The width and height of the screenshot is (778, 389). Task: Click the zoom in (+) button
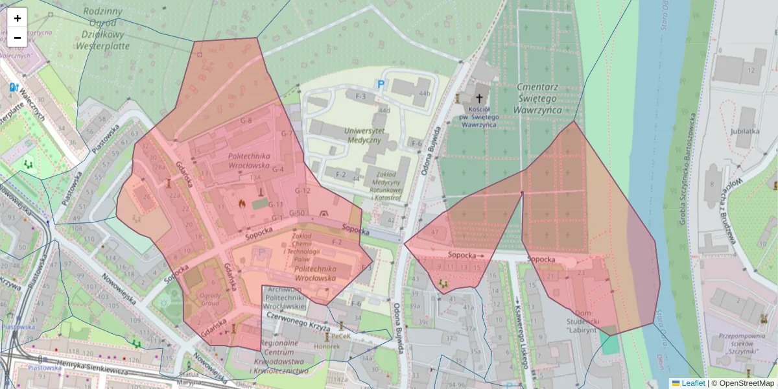click(18, 18)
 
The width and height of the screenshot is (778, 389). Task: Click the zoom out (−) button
click(18, 38)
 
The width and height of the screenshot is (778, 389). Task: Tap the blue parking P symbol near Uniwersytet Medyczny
click(381, 84)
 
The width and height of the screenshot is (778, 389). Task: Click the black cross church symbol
click(480, 99)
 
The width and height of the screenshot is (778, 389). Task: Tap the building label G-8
click(246, 121)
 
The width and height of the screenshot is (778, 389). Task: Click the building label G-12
click(303, 191)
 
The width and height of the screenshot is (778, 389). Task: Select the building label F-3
click(360, 97)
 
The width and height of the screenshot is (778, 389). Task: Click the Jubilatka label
click(745, 130)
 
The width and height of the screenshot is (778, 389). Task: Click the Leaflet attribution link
click(693, 383)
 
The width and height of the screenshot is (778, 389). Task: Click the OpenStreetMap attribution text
click(743, 383)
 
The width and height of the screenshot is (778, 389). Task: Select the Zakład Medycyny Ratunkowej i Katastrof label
click(385, 183)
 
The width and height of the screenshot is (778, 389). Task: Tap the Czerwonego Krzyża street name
click(299, 323)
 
